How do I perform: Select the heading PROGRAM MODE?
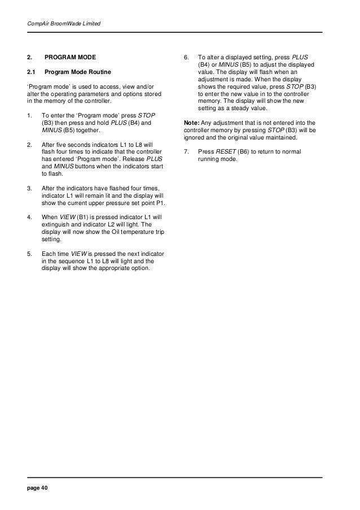click(70, 58)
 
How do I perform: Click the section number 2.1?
click(32, 72)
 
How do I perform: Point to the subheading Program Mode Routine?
click(78, 72)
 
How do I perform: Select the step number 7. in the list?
click(187, 152)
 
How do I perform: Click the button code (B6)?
click(247, 152)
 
